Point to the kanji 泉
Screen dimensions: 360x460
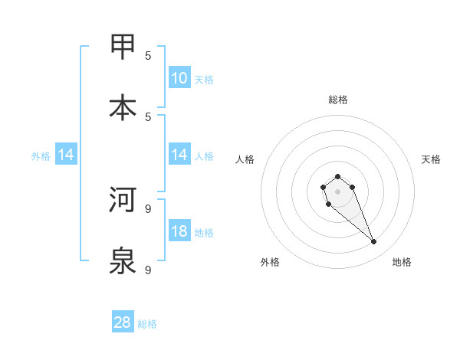pos(123,261)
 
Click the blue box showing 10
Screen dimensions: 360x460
pos(179,78)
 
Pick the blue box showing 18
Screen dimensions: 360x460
pos(179,231)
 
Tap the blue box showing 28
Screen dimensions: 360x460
pos(123,322)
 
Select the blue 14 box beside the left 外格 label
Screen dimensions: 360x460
pos(66,155)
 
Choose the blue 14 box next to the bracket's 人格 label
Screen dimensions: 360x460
pos(179,155)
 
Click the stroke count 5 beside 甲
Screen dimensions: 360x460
pos(148,55)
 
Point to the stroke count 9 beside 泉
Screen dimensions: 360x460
pos(148,270)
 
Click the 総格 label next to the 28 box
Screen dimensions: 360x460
pos(147,324)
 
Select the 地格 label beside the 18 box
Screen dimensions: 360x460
pos(204,233)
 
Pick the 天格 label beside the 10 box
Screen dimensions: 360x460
pos(204,80)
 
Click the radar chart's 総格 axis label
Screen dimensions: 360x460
pos(337,100)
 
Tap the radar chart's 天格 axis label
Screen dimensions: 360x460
pos(431,159)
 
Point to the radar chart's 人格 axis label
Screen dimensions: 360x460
pos(245,159)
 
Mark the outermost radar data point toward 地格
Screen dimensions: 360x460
pos(374,242)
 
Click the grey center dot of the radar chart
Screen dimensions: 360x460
pos(337,191)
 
